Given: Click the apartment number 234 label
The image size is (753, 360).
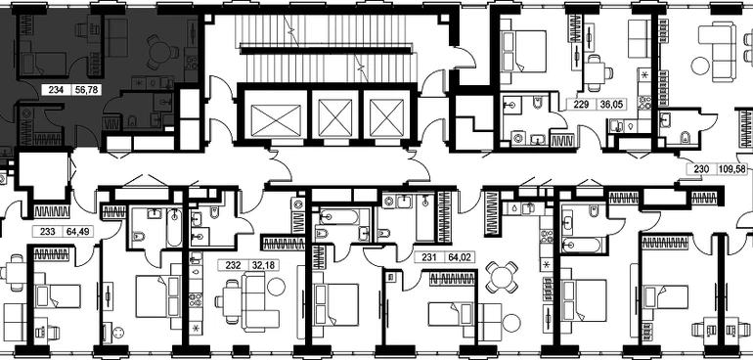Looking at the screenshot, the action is [56, 89].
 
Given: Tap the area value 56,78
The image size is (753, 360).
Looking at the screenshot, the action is [85, 89].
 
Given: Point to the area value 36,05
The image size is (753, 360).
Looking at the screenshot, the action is [610, 105].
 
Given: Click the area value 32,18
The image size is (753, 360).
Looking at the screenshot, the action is [263, 265].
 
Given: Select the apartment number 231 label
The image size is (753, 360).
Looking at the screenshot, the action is [429, 257].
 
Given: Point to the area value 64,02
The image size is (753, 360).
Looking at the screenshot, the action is [459, 257].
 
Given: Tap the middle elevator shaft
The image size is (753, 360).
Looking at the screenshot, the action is [334, 117].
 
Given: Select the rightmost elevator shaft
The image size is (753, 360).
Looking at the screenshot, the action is [386, 117].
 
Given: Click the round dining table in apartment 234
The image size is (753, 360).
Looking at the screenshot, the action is [161, 52].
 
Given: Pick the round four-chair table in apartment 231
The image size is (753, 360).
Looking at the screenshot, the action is [502, 277].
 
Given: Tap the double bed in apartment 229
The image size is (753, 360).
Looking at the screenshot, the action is [523, 52].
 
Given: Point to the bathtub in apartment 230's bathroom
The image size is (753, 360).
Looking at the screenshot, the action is [581, 246].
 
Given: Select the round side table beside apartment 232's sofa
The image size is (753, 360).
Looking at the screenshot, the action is [276, 287].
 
